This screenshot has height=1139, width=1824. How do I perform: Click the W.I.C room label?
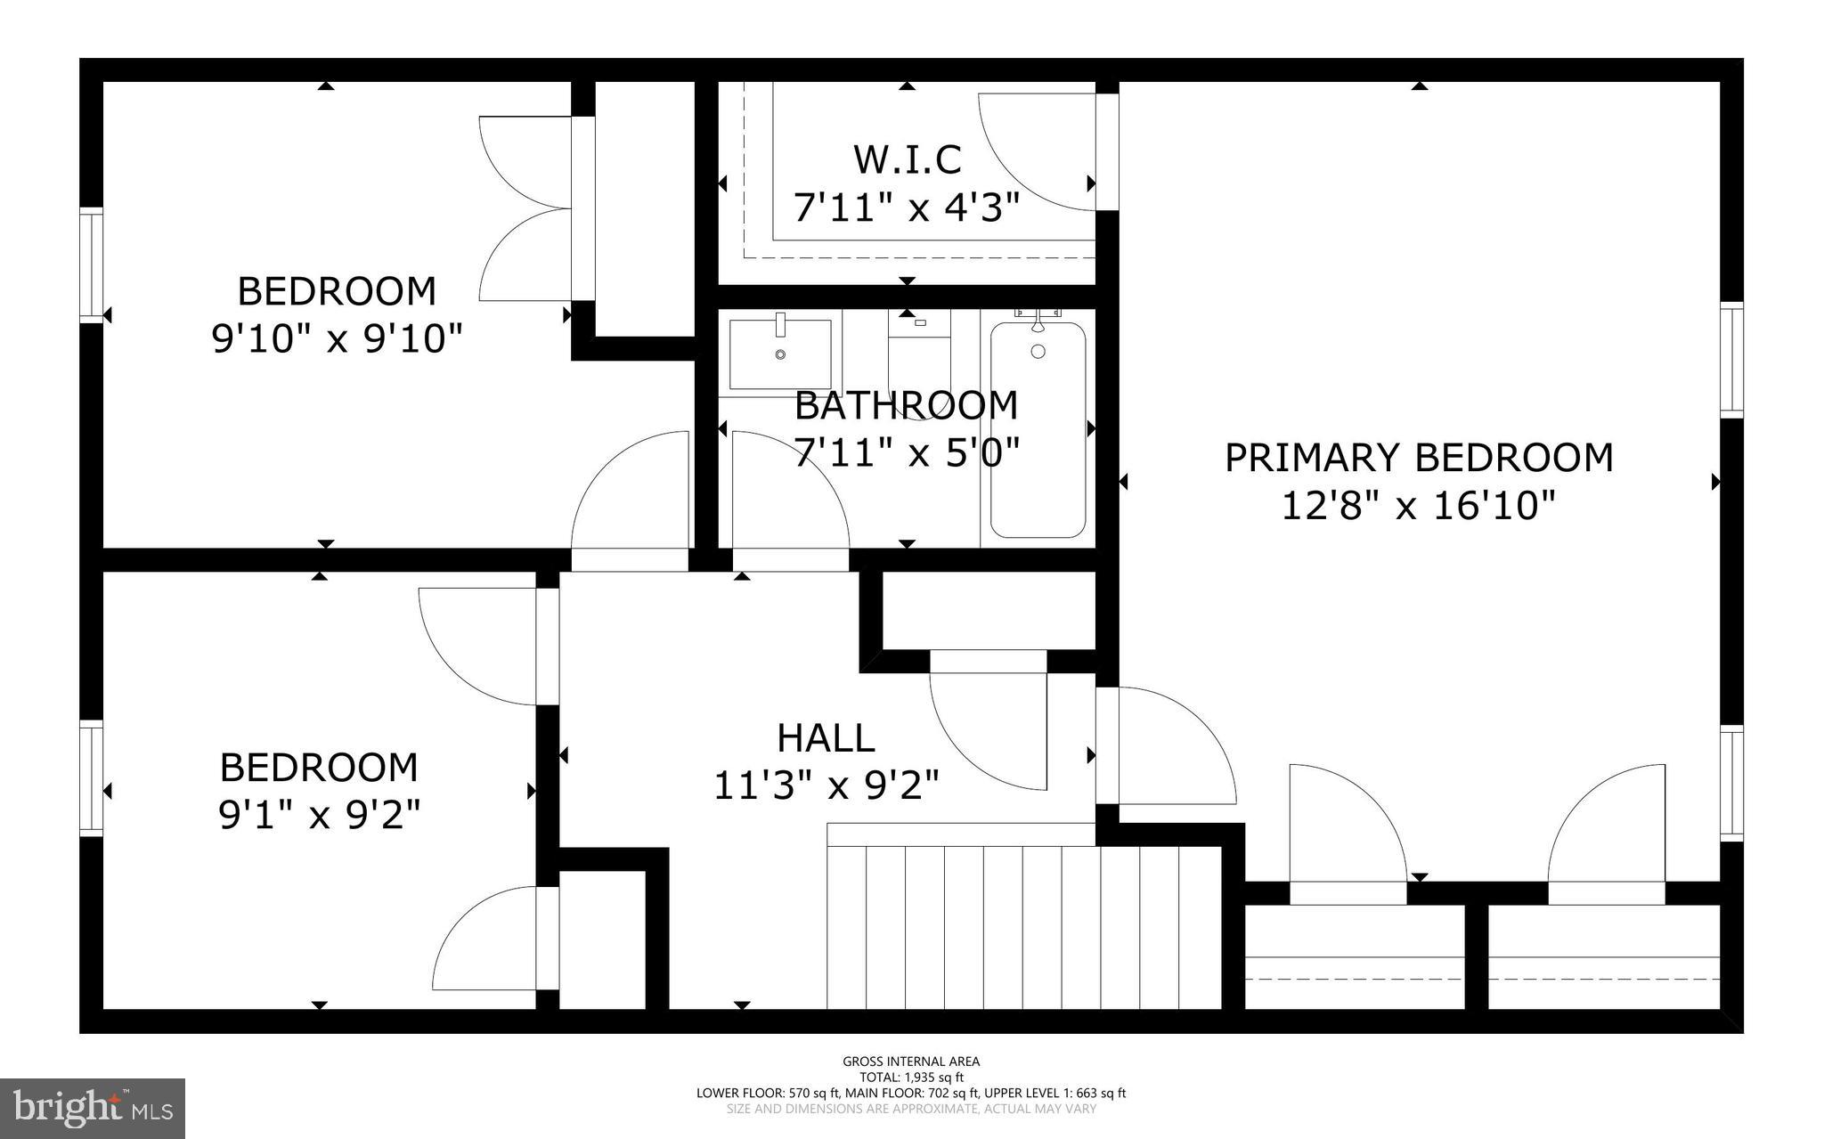pos(907,160)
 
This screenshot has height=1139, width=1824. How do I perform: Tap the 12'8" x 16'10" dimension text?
pos(1418,506)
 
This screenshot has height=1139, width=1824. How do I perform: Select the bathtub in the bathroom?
pos(1038,430)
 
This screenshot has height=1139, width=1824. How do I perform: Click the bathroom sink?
pos(780,354)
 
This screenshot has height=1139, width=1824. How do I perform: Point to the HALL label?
pos(826,738)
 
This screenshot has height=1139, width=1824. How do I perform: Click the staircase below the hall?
pos(1024,926)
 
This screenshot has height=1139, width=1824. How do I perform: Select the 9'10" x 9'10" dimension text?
pos(338,338)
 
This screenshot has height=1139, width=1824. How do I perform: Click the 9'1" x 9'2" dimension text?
pos(319,814)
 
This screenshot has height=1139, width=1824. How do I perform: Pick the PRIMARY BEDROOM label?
pos(1419,458)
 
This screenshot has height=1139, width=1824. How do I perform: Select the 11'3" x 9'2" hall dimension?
pos(826,785)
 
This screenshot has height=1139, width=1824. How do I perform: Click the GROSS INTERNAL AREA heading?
pos(911,1062)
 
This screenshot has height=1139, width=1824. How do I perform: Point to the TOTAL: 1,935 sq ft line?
pos(911,1078)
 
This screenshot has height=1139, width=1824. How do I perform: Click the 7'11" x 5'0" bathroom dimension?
pos(907,452)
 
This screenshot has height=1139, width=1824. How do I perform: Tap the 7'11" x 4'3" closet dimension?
pos(907,208)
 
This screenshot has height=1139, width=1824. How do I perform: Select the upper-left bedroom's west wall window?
pos(92,264)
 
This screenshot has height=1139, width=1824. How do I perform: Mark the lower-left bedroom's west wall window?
pos(92,778)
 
